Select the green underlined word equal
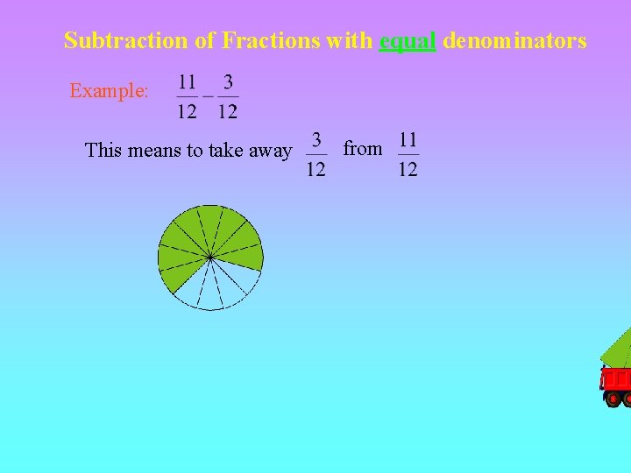click(x=408, y=41)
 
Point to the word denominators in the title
click(x=514, y=40)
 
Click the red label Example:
click(x=109, y=90)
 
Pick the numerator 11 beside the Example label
click(x=187, y=82)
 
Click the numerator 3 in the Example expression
click(x=228, y=82)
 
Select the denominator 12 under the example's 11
click(x=187, y=111)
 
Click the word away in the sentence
click(x=271, y=151)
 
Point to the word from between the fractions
click(x=363, y=149)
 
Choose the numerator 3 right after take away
click(x=316, y=140)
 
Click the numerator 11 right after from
click(x=408, y=140)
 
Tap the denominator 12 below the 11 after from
click(x=408, y=168)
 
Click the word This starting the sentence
click(x=103, y=151)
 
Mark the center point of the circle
click(x=210, y=258)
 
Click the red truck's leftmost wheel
click(x=613, y=399)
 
